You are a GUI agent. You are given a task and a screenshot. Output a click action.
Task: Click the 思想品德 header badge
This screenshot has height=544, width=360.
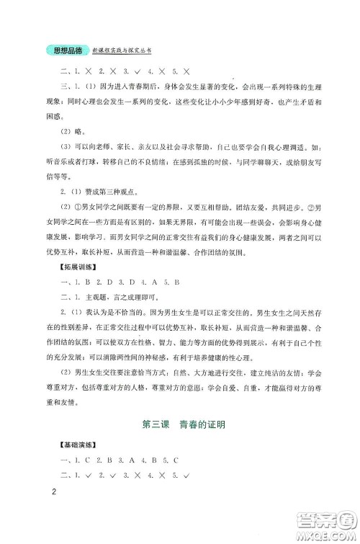tap(64, 50)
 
